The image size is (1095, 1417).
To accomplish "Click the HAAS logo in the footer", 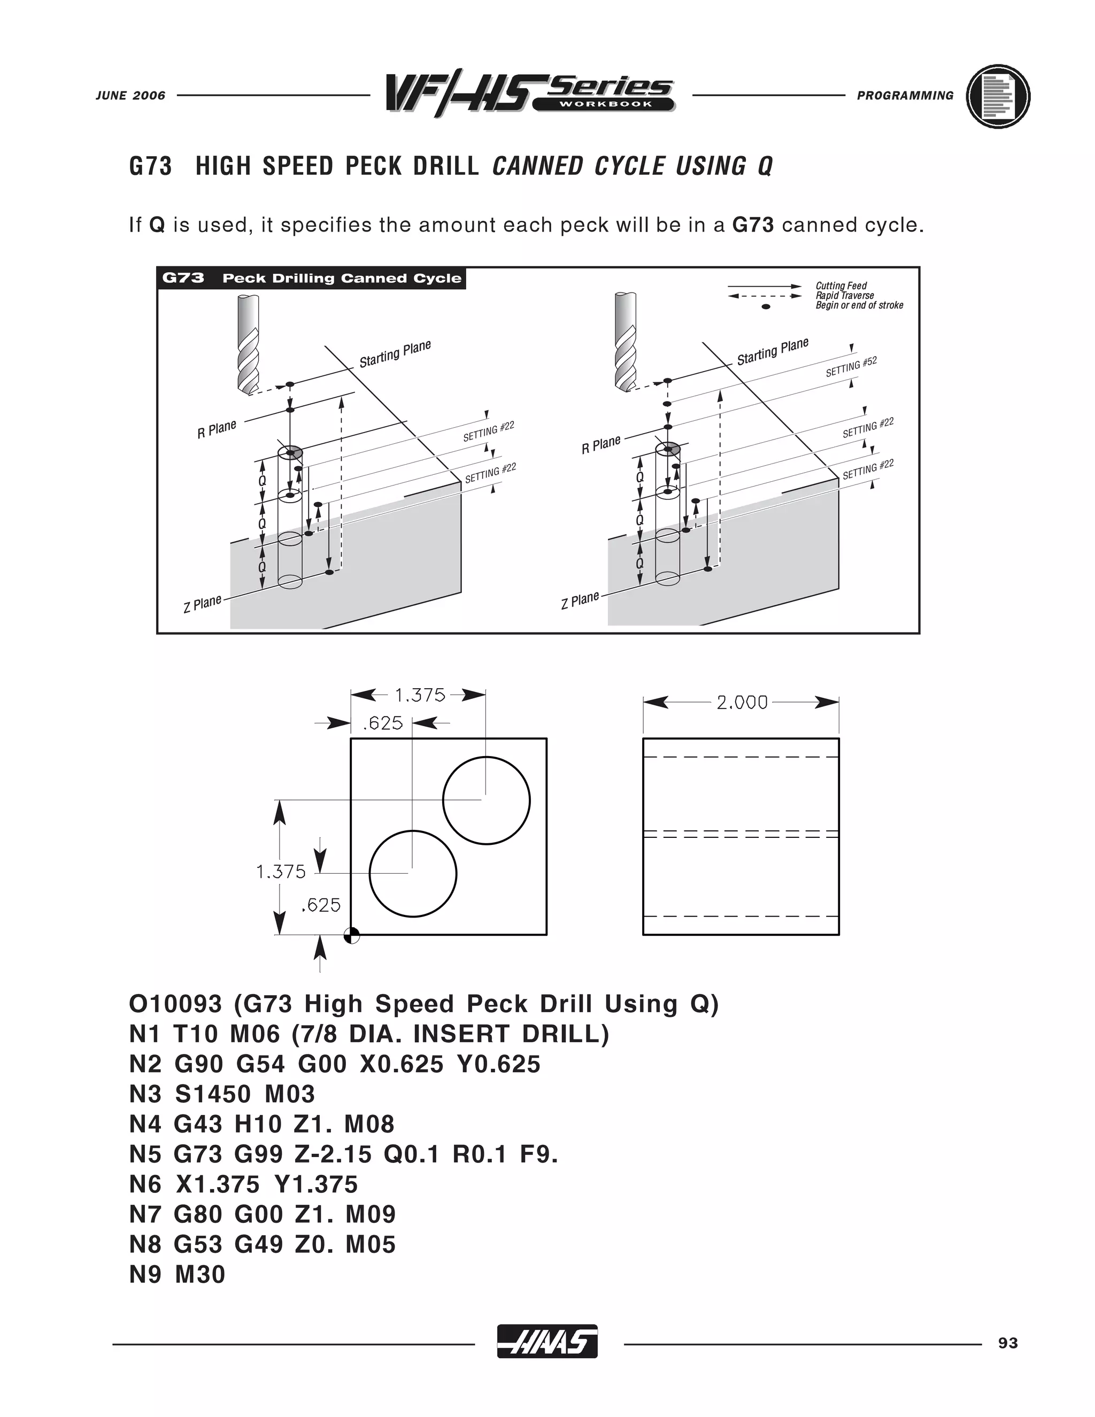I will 547,1341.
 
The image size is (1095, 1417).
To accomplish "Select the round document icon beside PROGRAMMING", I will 998,96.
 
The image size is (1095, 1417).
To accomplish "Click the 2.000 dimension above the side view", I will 742,703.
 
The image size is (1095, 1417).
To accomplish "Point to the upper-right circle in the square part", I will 486,800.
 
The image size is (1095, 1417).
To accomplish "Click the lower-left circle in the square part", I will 413,873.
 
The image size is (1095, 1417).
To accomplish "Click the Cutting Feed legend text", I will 840,286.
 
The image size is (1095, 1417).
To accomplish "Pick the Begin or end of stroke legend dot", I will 766,306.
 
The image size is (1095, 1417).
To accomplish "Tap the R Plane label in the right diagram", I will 600,444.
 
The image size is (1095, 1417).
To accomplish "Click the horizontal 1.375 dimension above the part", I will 420,696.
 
